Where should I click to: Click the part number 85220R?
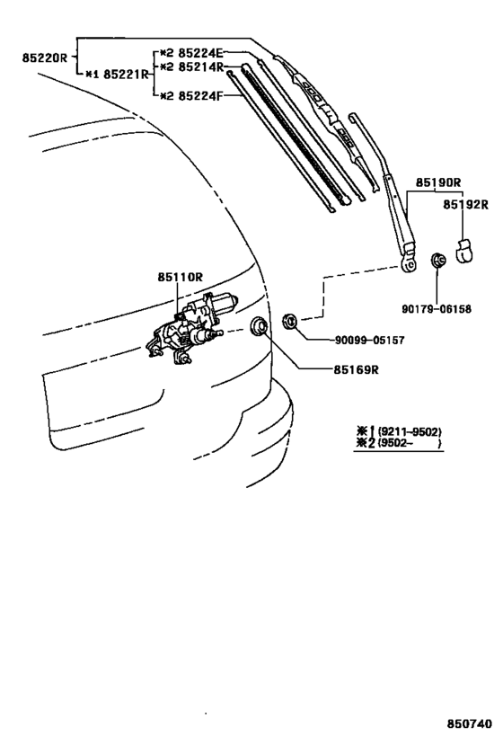(45, 58)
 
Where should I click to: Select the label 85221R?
(126, 75)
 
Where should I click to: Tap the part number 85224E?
(201, 52)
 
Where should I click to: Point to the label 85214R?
(201, 67)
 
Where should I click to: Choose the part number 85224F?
(201, 96)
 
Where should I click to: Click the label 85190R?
(438, 182)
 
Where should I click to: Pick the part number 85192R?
(466, 205)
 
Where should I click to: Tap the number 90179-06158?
(437, 309)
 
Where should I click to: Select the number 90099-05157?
(369, 340)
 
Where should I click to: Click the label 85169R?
(356, 370)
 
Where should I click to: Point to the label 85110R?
(181, 277)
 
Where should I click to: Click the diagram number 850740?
(469, 723)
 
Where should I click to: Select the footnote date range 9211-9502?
(410, 431)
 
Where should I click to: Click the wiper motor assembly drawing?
(192, 329)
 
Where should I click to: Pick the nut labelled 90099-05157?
(289, 322)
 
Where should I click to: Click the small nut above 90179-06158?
(437, 260)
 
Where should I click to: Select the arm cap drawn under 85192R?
(464, 250)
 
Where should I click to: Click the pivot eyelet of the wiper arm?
(410, 264)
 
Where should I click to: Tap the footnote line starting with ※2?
(400, 444)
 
